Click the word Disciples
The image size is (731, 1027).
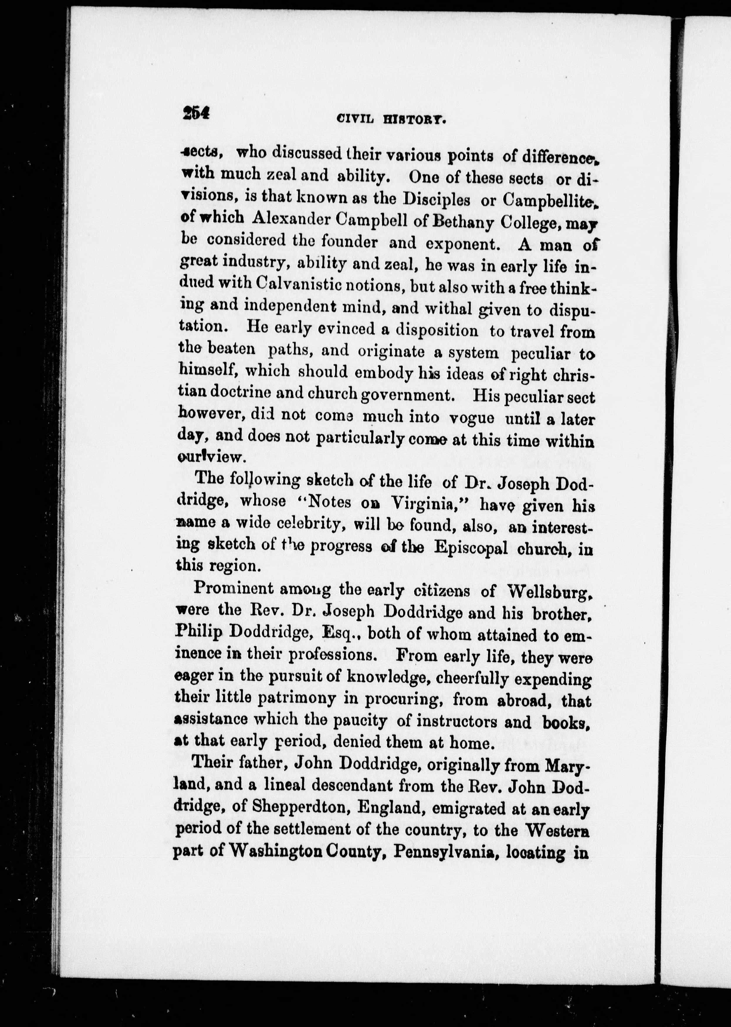click(436, 199)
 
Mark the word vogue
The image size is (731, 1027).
click(472, 418)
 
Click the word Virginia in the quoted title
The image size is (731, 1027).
click(424, 503)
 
